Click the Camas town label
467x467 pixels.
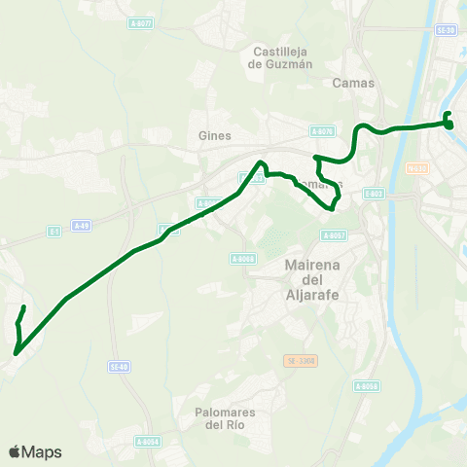(x=352, y=83)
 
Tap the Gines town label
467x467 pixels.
(x=213, y=136)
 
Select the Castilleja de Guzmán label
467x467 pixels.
(x=281, y=58)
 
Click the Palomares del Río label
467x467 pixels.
(x=223, y=418)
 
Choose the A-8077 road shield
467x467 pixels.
(x=141, y=23)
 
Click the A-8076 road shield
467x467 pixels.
(x=322, y=130)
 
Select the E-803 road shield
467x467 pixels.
(x=374, y=195)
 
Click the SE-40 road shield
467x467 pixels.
(x=119, y=366)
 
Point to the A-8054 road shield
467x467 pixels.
(x=148, y=442)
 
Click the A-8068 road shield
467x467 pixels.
(x=243, y=258)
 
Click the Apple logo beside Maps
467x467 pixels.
(x=15, y=452)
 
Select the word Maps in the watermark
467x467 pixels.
(x=42, y=452)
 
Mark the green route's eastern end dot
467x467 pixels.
(x=449, y=125)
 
